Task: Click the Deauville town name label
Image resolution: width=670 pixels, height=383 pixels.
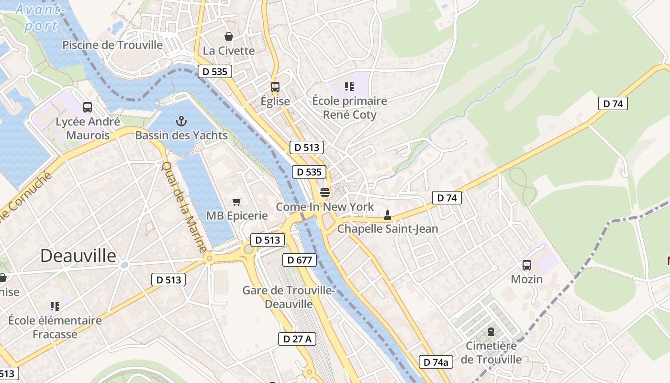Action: click(x=78, y=256)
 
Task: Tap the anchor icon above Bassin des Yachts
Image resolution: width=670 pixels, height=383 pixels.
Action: click(x=181, y=121)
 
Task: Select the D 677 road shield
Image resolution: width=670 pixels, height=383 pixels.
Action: click(x=300, y=260)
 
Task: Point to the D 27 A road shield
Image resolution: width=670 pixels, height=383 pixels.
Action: click(x=297, y=339)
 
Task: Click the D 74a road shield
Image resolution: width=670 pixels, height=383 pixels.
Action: click(x=435, y=362)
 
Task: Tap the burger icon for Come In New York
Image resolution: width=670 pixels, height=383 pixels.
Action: click(x=324, y=192)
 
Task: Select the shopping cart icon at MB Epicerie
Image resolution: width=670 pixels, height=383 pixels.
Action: click(x=236, y=202)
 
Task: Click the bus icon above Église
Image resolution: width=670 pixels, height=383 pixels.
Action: click(x=275, y=87)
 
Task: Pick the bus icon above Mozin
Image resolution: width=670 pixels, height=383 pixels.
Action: click(x=526, y=265)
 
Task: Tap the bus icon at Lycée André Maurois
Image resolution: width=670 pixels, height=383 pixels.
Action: click(x=87, y=107)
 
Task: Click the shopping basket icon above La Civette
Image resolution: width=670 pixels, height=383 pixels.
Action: click(x=229, y=36)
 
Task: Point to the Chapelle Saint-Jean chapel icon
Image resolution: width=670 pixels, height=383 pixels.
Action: click(x=387, y=214)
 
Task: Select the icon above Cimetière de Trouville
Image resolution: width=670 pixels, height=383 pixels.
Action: click(x=491, y=331)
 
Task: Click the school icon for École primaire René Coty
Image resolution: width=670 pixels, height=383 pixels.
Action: click(x=349, y=87)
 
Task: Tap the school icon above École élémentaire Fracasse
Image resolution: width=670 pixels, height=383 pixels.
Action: click(x=55, y=306)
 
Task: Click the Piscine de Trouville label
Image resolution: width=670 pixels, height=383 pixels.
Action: click(x=112, y=45)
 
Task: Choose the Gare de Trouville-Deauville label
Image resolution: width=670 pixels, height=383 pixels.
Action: click(x=289, y=297)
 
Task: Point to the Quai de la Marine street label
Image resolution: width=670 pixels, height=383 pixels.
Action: click(x=184, y=208)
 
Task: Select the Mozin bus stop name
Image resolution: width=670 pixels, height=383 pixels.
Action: click(x=526, y=279)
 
